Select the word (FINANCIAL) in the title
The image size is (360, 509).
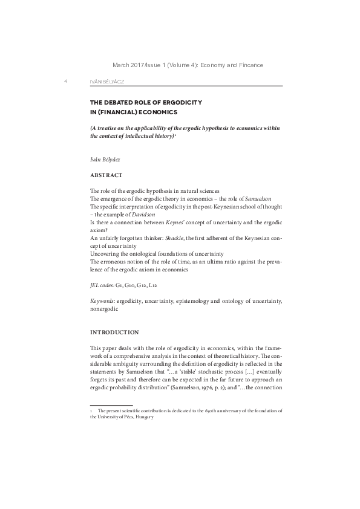pyautogui.click(x=119, y=112)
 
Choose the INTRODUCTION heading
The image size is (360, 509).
pyautogui.click(x=114, y=332)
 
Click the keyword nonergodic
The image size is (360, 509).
pyautogui.click(x=104, y=308)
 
